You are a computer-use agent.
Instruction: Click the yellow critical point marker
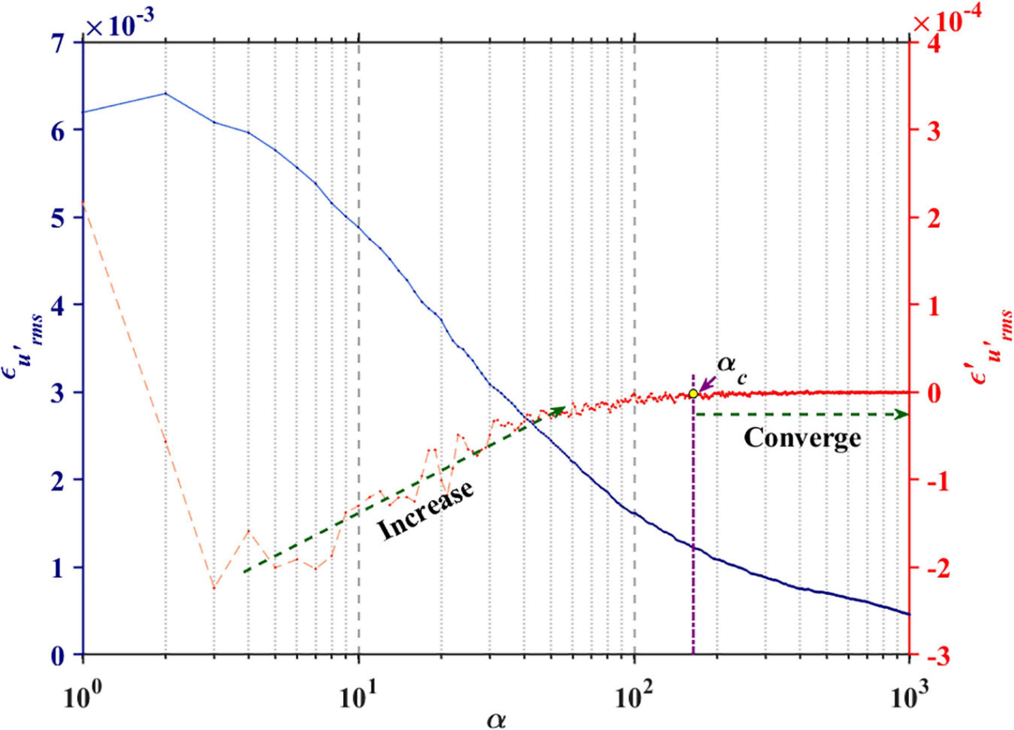[x=693, y=394]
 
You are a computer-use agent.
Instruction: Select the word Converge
[x=802, y=438]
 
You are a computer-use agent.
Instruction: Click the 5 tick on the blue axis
[x=67, y=217]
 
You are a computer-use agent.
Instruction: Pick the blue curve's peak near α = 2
[x=166, y=93]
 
